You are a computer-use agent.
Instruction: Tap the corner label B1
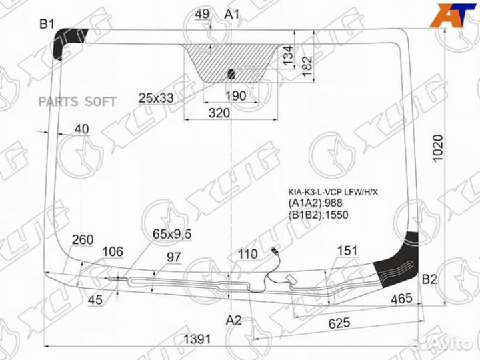pyautogui.click(x=46, y=25)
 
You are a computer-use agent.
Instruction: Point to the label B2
pyautogui.click(x=430, y=279)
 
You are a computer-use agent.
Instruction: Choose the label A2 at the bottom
pyautogui.click(x=233, y=320)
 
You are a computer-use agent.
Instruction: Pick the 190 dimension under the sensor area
pyautogui.click(x=235, y=97)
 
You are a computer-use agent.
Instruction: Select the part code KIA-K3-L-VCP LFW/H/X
pyautogui.click(x=333, y=192)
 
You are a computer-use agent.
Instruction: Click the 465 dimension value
pyautogui.click(x=402, y=299)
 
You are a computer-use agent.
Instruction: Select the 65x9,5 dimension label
pyautogui.click(x=172, y=234)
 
